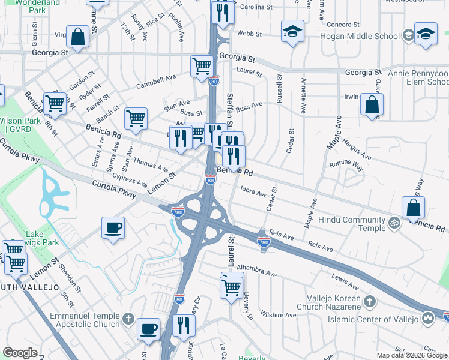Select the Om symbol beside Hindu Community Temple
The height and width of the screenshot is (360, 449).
click(x=394, y=223)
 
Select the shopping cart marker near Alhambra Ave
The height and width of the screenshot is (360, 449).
click(x=232, y=286)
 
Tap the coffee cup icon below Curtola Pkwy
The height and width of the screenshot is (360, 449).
click(x=113, y=227)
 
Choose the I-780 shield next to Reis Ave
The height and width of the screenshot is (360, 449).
click(x=263, y=241)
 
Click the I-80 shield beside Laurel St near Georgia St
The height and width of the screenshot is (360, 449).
click(x=214, y=80)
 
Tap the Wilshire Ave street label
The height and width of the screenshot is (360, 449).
click(x=283, y=315)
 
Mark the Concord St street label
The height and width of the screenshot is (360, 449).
click(x=343, y=25)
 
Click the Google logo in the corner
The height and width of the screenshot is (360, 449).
click(x=20, y=353)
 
